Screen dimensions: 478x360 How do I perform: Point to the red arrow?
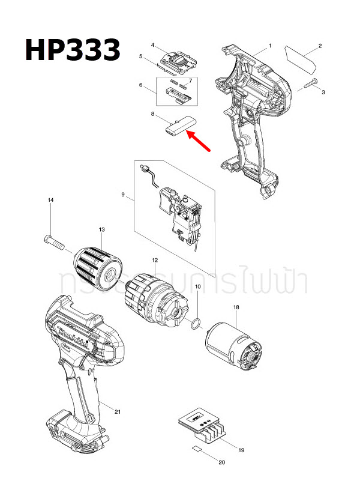click(199, 143)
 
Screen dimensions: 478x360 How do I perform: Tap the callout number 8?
click(153, 113)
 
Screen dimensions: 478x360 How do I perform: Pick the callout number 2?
click(320, 46)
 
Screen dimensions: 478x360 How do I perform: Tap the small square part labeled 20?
click(197, 449)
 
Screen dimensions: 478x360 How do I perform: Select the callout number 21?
click(118, 411)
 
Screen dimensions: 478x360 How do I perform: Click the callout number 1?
click(270, 46)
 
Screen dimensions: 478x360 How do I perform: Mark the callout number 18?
click(236, 307)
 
